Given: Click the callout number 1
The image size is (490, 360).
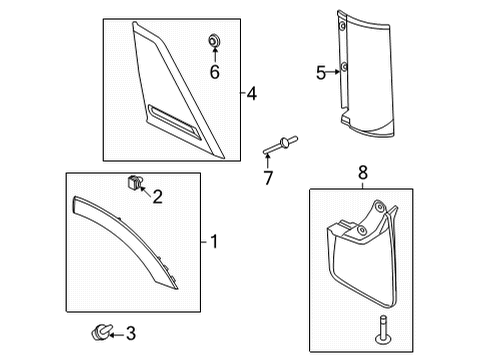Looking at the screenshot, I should [x=213, y=241].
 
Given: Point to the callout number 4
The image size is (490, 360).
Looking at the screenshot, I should [x=252, y=94].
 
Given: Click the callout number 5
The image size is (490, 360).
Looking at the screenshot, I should [x=321, y=71].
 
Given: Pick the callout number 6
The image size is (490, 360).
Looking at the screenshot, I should [x=214, y=71].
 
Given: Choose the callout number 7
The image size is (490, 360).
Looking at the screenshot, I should [x=267, y=178].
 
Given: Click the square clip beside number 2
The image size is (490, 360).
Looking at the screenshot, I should [x=131, y=182].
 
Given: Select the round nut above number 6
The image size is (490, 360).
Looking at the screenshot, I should [x=213, y=41].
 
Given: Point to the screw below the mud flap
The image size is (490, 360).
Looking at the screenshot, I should [x=382, y=326].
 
